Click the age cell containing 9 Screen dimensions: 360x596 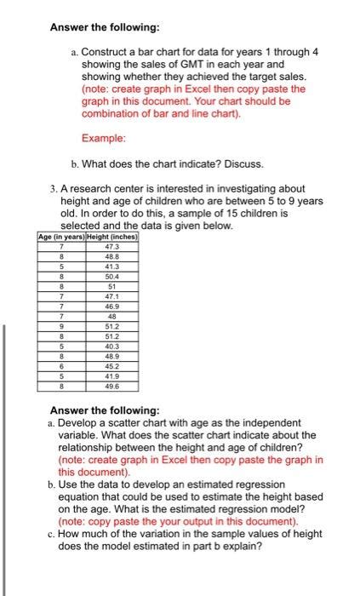pyautogui.click(x=61, y=325)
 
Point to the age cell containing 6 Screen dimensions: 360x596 pyautogui.click(x=61, y=366)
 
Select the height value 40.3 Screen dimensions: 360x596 pyautogui.click(x=111, y=346)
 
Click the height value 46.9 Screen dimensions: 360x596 pyautogui.click(x=111, y=305)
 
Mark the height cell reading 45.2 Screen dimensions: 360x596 pyautogui.click(x=111, y=366)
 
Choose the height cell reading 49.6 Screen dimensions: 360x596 pyautogui.click(x=111, y=385)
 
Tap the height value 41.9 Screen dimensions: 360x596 pyautogui.click(x=111, y=375)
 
